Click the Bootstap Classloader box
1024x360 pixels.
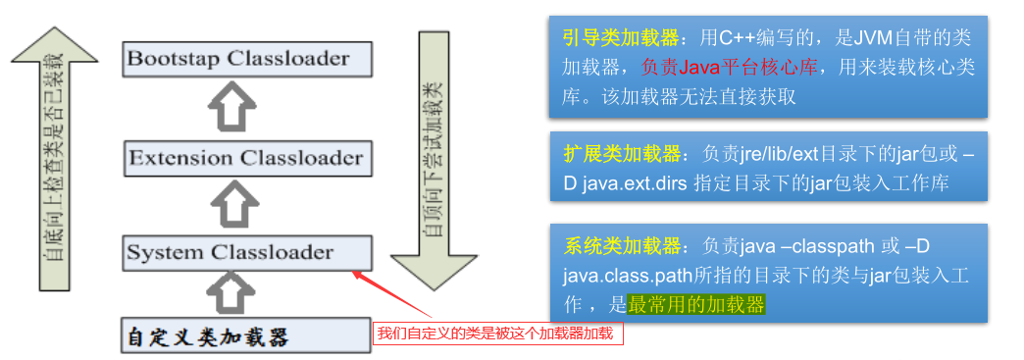coord(247,59)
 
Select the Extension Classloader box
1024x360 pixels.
coord(247,157)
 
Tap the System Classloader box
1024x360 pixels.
coord(247,252)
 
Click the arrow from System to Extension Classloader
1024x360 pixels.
coord(235,204)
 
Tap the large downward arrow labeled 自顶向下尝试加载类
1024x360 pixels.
coord(432,157)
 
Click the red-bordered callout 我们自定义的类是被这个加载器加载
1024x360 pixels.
coord(497,334)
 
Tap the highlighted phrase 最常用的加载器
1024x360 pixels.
coord(696,304)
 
